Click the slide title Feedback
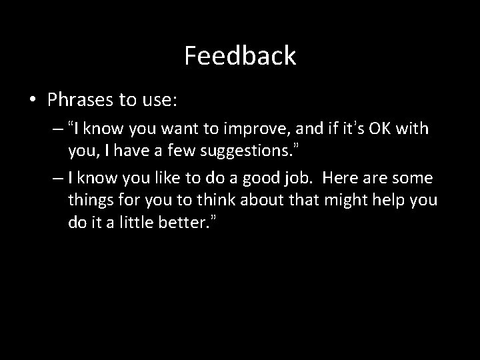click(240, 56)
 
